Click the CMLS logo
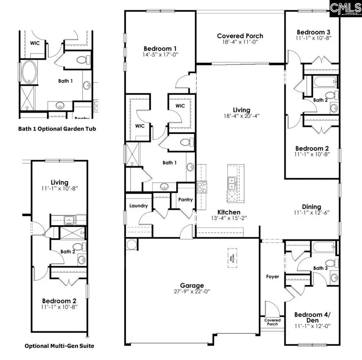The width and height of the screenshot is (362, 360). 345,8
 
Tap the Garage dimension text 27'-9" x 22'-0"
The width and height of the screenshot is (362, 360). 192,294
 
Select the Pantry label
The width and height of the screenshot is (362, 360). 185,200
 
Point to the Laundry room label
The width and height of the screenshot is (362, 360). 139,206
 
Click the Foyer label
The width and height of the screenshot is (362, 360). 273,277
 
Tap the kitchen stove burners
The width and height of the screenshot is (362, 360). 202,187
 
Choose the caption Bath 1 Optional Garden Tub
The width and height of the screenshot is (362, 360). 57,129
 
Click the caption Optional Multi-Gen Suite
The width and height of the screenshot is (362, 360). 60,346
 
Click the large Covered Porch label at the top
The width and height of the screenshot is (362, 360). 240,36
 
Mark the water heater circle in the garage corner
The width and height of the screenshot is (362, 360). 131,245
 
